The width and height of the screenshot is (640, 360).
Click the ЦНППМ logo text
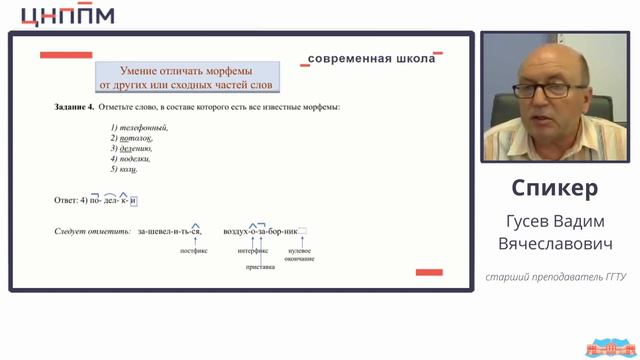coord(67,15)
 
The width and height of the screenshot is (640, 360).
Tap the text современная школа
coord(372,59)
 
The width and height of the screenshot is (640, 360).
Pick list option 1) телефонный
coord(139,127)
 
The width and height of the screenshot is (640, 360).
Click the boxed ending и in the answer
coord(132,200)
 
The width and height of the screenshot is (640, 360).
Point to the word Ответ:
coord(65,200)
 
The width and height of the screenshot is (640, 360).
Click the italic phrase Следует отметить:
coord(92,231)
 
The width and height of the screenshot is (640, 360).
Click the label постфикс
coord(193,251)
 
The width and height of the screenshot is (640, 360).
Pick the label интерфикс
coord(251,251)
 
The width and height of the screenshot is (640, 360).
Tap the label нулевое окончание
coord(299,255)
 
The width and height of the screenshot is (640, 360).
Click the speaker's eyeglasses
coord(547,89)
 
